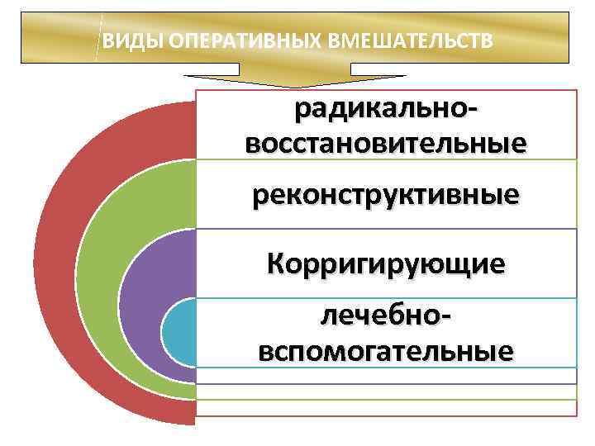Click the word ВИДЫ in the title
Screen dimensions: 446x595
[x=120, y=39]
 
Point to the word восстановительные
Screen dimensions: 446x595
[x=386, y=141]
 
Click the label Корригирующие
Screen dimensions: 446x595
[x=386, y=263]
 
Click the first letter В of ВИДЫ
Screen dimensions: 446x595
[x=107, y=39]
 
